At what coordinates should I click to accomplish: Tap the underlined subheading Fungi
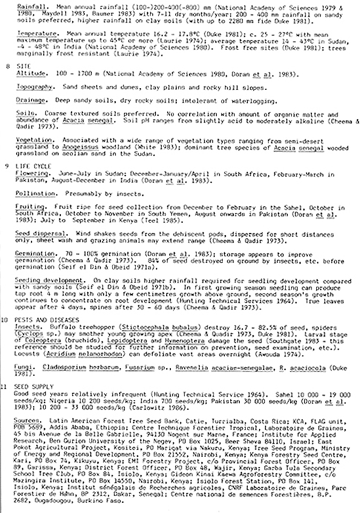point(26,368)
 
